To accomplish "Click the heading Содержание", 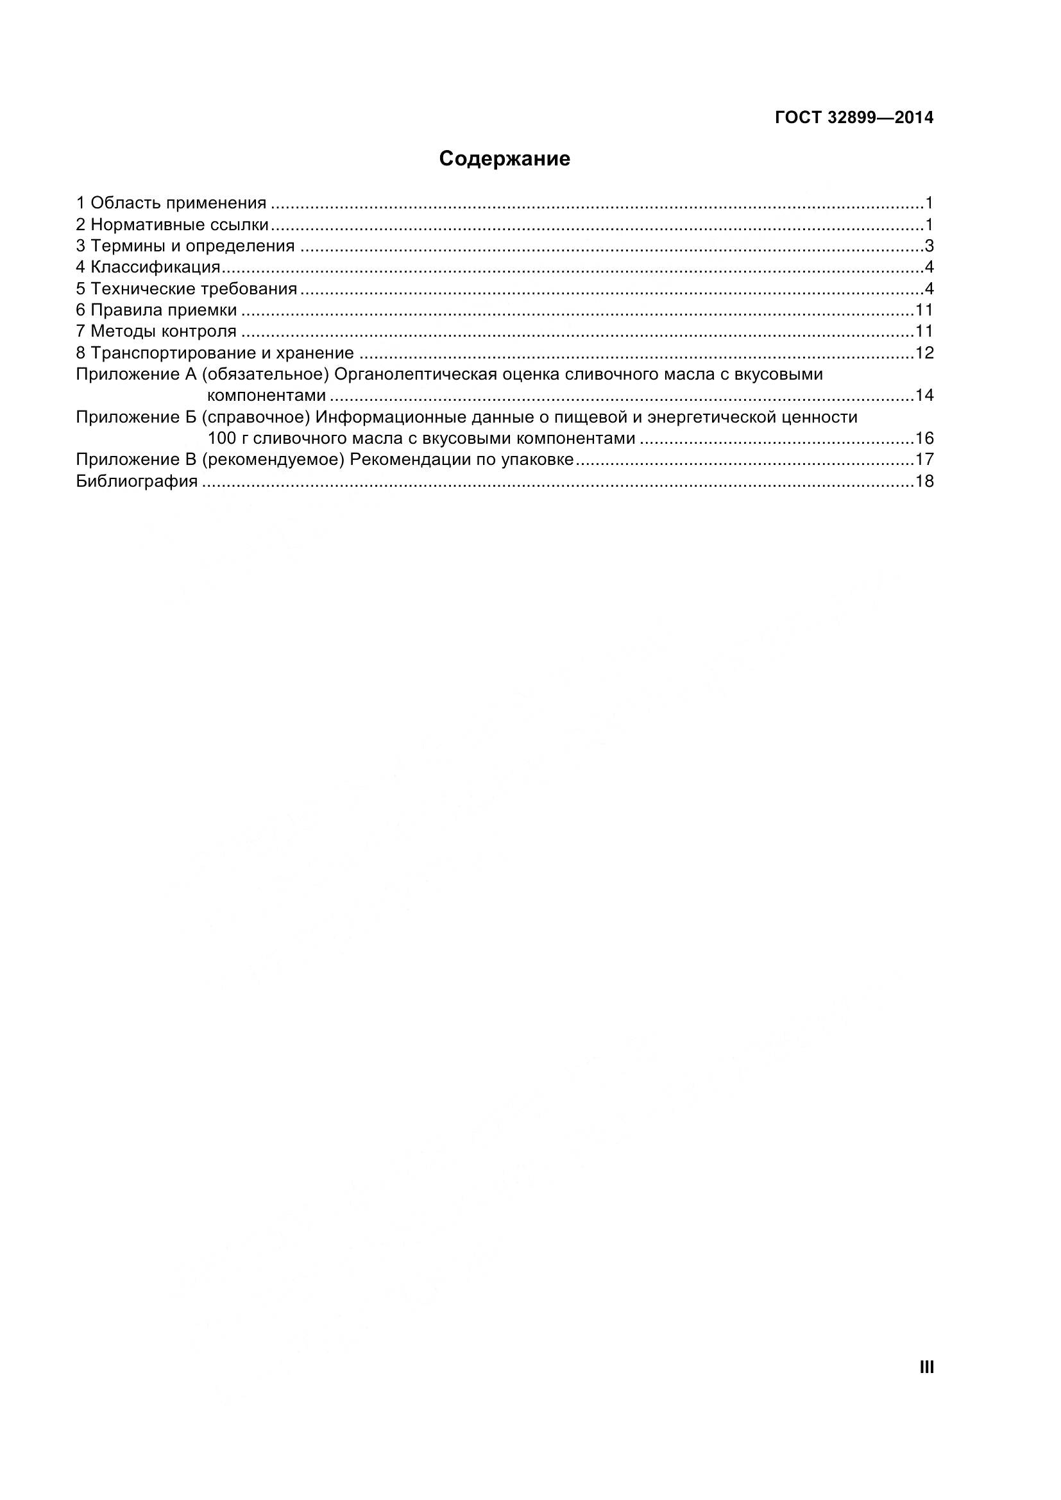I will pyautogui.click(x=504, y=159).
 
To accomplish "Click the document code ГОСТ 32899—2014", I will pyautogui.click(x=854, y=117).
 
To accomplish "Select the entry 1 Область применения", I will pyautogui.click(x=171, y=203).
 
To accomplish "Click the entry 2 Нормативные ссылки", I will pyautogui.click(x=173, y=224).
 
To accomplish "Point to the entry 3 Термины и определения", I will pyautogui.click(x=185, y=246).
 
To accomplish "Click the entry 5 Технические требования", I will pyautogui.click(x=187, y=289).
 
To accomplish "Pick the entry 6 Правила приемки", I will pyautogui.click(x=157, y=310).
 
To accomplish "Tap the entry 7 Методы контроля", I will pyautogui.click(x=156, y=331).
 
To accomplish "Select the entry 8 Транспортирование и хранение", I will pyautogui.click(x=215, y=353).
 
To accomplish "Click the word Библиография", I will pyautogui.click(x=137, y=482).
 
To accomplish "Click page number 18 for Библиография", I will pyautogui.click(x=924, y=482).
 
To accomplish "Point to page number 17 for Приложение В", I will pyautogui.click(x=924, y=460).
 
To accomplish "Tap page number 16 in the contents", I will pyautogui.click(x=924, y=439).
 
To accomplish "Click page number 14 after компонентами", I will pyautogui.click(x=924, y=396).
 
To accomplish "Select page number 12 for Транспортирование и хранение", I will pyautogui.click(x=924, y=353).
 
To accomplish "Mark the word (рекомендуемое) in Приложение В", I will pyautogui.click(x=273, y=460).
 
